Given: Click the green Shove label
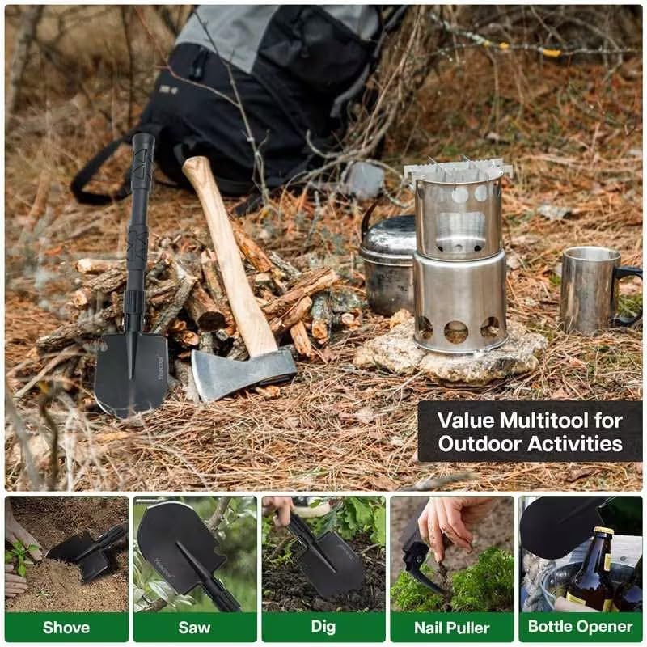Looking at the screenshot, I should tap(66, 627).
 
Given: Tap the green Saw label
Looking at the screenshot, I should tap(195, 627).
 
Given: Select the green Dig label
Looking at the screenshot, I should tap(323, 627).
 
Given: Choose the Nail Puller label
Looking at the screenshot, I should tap(451, 627).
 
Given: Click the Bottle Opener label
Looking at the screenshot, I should tap(580, 627).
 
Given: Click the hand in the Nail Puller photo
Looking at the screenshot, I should tap(453, 526).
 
